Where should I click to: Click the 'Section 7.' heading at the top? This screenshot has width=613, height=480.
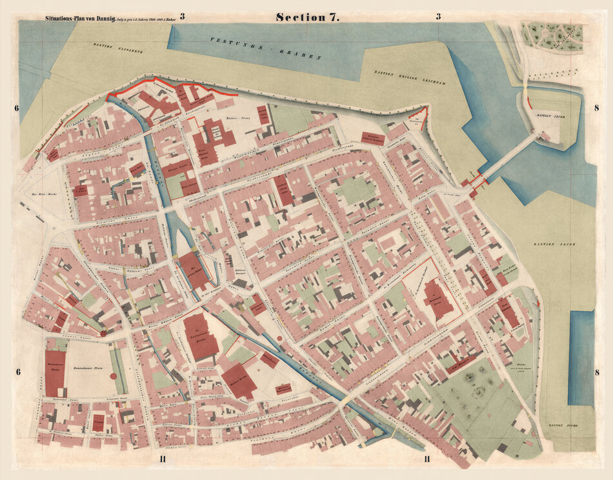click(x=308, y=17)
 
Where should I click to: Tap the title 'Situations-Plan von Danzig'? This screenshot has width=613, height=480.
click(x=79, y=19)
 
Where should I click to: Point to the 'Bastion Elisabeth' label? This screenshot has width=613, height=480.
click(x=117, y=47)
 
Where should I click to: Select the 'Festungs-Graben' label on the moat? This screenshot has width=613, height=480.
click(x=265, y=48)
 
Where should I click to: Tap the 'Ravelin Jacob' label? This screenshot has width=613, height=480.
click(x=550, y=115)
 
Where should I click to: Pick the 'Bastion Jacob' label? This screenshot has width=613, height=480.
click(x=554, y=245)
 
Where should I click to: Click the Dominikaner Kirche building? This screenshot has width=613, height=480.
click(x=55, y=373)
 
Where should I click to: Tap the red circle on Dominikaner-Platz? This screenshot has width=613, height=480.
click(x=114, y=375)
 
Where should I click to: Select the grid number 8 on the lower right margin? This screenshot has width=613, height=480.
click(x=596, y=372)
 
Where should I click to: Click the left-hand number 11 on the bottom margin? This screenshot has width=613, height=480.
click(x=164, y=459)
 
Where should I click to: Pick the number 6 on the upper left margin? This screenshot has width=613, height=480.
click(x=17, y=108)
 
